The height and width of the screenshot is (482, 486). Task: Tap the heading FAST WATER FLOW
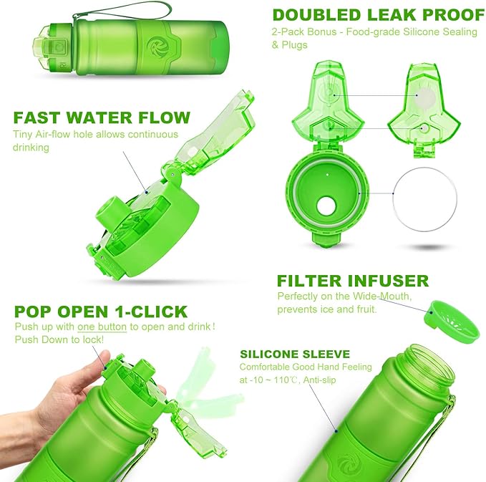pos(101,117)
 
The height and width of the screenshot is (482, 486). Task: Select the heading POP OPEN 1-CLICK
pos(100,312)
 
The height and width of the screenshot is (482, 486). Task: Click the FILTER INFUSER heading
pos(352,280)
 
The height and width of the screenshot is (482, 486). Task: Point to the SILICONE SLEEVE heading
pos(295,354)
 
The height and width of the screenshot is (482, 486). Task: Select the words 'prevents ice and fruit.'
pos(327,309)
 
